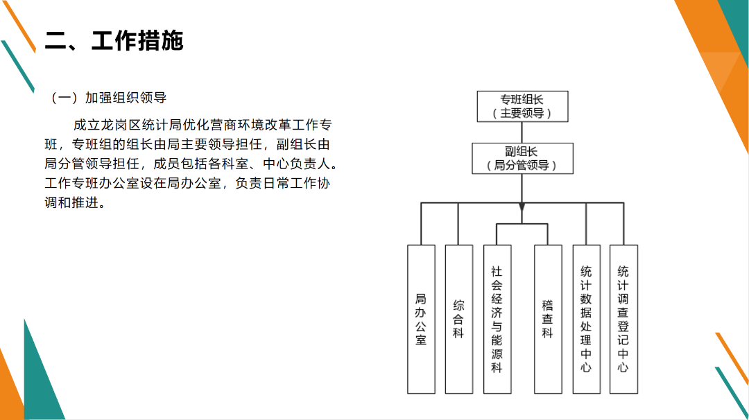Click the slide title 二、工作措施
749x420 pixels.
pyautogui.click(x=114, y=41)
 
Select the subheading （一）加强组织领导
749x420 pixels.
pyautogui.click(x=108, y=98)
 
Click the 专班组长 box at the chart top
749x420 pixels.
pyautogui.click(x=522, y=107)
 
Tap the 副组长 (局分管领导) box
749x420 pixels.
pyautogui.click(x=522, y=159)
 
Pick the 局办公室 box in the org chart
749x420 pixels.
pyautogui.click(x=421, y=320)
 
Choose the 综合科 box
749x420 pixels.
pyautogui.click(x=458, y=320)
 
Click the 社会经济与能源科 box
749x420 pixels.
pyautogui.click(x=497, y=320)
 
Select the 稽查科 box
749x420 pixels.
pyautogui.click(x=548, y=320)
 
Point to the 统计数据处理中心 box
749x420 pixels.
pyautogui.click(x=586, y=320)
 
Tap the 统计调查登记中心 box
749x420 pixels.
pyautogui.click(x=623, y=320)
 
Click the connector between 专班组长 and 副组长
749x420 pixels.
pyautogui.click(x=522, y=132)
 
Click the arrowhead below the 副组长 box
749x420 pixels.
pyautogui.click(x=522, y=207)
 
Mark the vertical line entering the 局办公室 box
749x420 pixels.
pyautogui.click(x=421, y=224)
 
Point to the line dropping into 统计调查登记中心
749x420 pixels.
pyautogui.click(x=623, y=224)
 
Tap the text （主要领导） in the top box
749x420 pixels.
pyautogui.click(x=522, y=114)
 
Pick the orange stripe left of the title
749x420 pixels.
pyautogui.click(x=19, y=26)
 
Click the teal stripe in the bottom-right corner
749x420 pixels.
pyautogui.click(x=732, y=392)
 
